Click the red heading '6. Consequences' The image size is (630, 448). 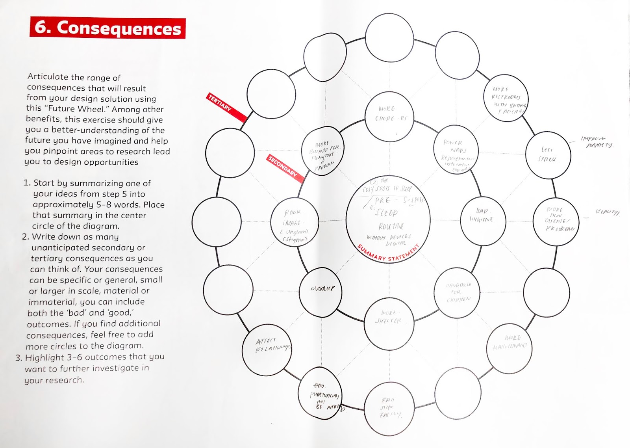coord(107,28)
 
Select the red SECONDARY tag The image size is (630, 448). coord(285,169)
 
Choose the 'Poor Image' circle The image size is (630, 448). coord(295,222)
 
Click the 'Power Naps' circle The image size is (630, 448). coord(456,149)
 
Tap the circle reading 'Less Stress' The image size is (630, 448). coord(548,154)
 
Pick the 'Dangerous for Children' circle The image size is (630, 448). coord(458,292)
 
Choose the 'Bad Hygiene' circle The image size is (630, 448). coord(483,216)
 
